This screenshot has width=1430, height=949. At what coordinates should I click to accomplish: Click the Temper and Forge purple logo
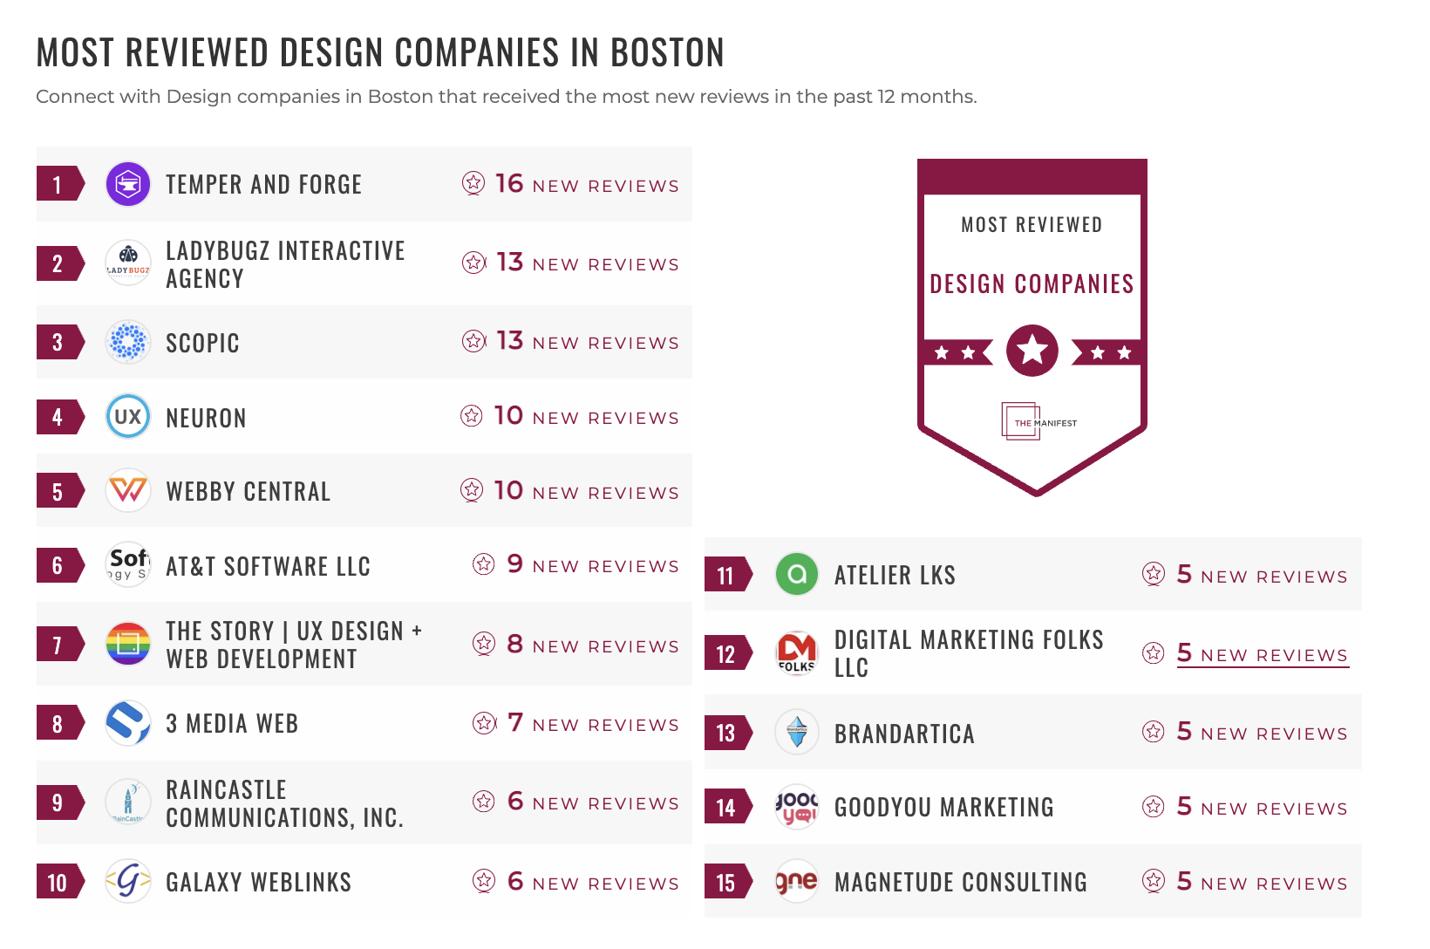coord(128,184)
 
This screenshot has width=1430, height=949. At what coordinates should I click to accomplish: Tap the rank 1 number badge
coord(58,184)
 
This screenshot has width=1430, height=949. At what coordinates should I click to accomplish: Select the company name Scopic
coord(202,343)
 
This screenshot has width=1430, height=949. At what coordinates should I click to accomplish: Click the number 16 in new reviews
coord(509,183)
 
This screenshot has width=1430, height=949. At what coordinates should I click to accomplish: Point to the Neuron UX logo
coord(128,417)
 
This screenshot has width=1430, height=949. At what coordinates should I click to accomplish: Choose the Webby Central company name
coord(249,491)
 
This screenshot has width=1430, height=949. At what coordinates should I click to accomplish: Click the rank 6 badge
coord(58,565)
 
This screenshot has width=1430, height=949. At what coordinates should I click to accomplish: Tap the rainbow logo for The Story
coord(128,645)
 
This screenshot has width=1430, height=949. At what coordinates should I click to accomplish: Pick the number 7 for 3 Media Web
coord(515,722)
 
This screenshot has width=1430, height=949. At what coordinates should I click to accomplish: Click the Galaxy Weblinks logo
coord(128,882)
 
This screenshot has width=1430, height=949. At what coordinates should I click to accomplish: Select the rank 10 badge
coord(58,883)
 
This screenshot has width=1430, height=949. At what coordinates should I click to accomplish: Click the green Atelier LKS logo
coord(797,575)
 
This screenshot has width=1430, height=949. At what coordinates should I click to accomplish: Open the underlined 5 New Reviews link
coord(1262,653)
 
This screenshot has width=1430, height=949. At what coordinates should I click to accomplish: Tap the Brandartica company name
coord(904,734)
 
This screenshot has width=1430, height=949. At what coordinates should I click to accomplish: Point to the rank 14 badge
coord(727,808)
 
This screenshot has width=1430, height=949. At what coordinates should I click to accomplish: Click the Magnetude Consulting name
coord(960,882)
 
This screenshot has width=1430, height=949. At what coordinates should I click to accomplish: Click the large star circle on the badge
coord(1032,351)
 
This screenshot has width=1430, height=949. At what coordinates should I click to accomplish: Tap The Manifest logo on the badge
coord(1038,422)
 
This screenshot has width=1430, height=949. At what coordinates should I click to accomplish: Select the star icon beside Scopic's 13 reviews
coord(473,341)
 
